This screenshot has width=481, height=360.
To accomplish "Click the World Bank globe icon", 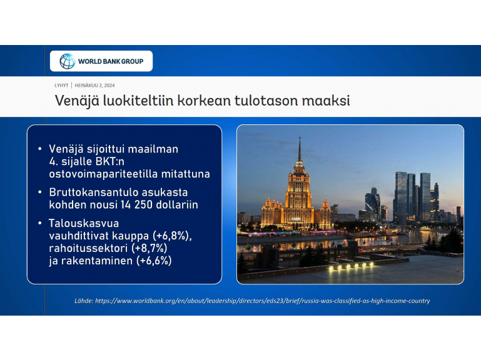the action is (x=67, y=61).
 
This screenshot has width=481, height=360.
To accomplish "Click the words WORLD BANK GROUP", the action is (x=111, y=61).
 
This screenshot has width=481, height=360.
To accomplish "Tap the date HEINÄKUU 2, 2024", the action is (x=95, y=86).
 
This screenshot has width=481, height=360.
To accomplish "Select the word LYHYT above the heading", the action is (x=61, y=86).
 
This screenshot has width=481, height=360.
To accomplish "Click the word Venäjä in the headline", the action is (x=77, y=101).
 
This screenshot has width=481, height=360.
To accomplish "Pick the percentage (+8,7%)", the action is (x=149, y=248).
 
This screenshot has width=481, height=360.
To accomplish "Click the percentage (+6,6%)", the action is (x=154, y=261).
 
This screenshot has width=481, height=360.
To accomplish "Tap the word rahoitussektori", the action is (x=88, y=248).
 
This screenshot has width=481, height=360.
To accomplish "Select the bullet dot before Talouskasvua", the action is (x=40, y=223).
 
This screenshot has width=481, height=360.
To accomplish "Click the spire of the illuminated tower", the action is (x=300, y=149).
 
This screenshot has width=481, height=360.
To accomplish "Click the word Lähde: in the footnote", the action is (x=84, y=301).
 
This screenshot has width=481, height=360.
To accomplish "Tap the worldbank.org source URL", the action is (x=263, y=301).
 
